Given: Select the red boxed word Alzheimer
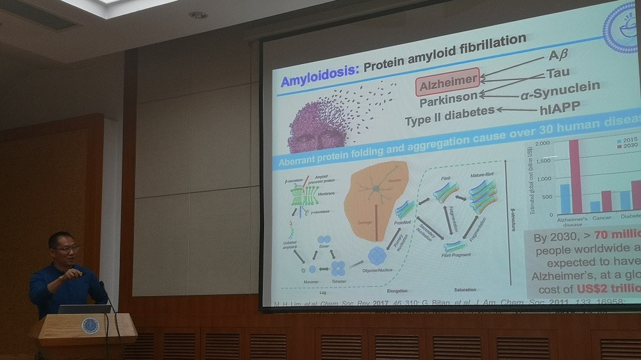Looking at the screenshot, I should (447, 82).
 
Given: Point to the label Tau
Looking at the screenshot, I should (558, 73).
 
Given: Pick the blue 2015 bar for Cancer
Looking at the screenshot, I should (595, 206).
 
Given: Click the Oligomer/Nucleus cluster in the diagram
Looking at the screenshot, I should (377, 256).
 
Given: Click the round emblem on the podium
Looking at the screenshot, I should (90, 325).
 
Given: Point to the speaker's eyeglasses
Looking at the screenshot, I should (66, 249).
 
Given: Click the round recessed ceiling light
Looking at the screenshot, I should (197, 15).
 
